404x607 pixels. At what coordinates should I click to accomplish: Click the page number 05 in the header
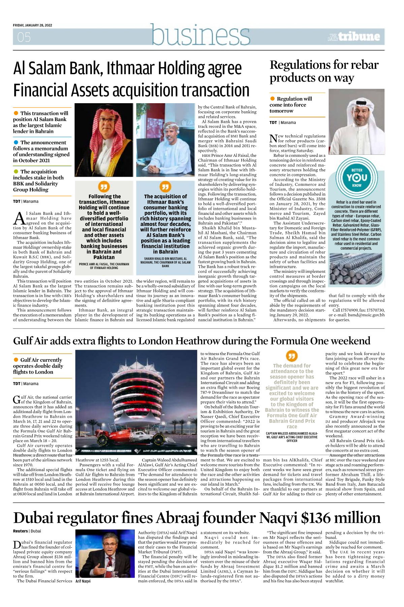[24, 37]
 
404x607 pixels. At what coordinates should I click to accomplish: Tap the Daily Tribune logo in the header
[354, 36]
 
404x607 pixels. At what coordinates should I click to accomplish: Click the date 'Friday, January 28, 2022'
[32, 25]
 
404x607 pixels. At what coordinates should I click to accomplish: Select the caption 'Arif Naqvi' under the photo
[83, 581]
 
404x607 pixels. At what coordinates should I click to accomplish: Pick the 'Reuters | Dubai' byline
[27, 531]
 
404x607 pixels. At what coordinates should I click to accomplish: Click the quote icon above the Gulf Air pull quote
[291, 356]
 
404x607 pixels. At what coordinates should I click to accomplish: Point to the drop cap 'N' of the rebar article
[273, 138]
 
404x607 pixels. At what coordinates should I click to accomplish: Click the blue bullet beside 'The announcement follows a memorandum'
[16, 142]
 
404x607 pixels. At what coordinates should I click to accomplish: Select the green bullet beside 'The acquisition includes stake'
[16, 172]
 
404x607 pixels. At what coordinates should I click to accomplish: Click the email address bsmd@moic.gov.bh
[365, 315]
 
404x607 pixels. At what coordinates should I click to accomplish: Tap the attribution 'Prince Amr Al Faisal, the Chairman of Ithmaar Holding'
[104, 266]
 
